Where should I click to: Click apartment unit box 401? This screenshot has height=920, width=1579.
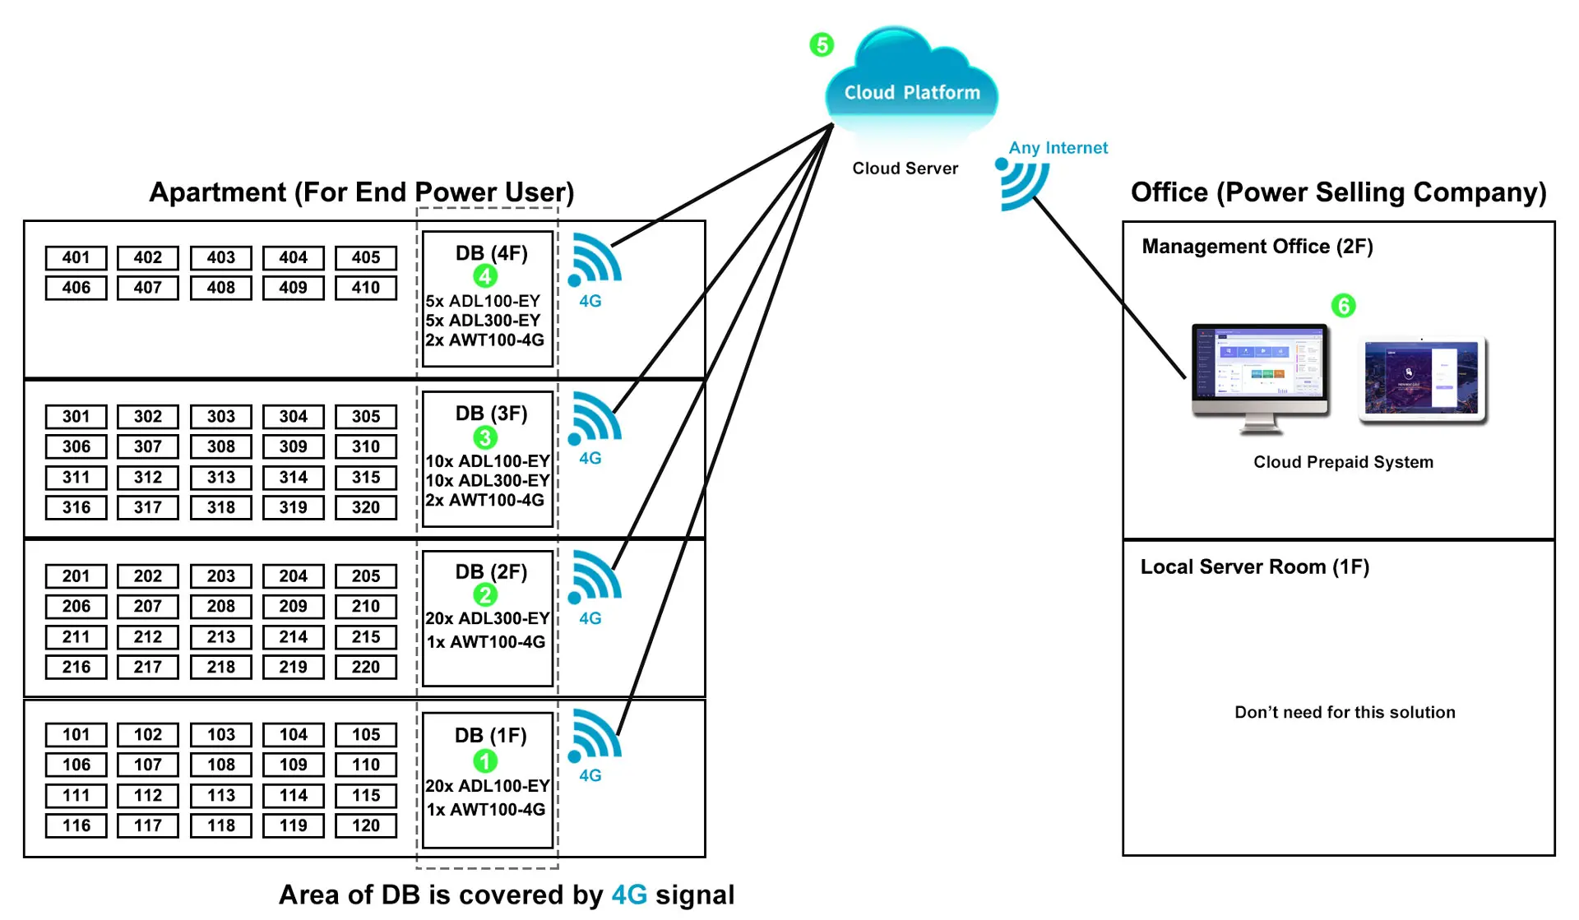coord(76,257)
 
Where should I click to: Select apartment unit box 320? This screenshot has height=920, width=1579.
coord(366,507)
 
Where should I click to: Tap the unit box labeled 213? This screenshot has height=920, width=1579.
coord(220,636)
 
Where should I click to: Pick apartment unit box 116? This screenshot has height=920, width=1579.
coord(76,825)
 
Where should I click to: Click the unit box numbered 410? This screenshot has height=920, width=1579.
coord(366,288)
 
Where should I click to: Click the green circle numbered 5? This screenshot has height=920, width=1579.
coord(822,44)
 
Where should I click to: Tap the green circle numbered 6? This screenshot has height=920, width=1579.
coord(1343,306)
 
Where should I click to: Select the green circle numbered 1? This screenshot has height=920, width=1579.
coord(485,761)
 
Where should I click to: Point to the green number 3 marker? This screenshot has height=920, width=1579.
coord(485,437)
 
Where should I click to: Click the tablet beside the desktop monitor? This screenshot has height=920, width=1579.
coord(1422,379)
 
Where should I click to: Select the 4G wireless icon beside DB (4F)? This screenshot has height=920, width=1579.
coord(595,260)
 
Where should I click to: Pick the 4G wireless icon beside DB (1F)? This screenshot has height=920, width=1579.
coord(595,735)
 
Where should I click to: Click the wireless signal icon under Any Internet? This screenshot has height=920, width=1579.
coord(1022,183)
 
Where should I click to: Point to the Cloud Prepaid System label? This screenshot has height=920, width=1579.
coord(1343,462)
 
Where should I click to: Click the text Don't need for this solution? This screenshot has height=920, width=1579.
coord(1345,712)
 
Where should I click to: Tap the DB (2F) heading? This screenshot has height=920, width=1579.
coord(491,571)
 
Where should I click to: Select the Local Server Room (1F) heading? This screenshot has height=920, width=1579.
coord(1254,566)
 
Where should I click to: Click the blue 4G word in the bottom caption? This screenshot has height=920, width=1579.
coord(629,895)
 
